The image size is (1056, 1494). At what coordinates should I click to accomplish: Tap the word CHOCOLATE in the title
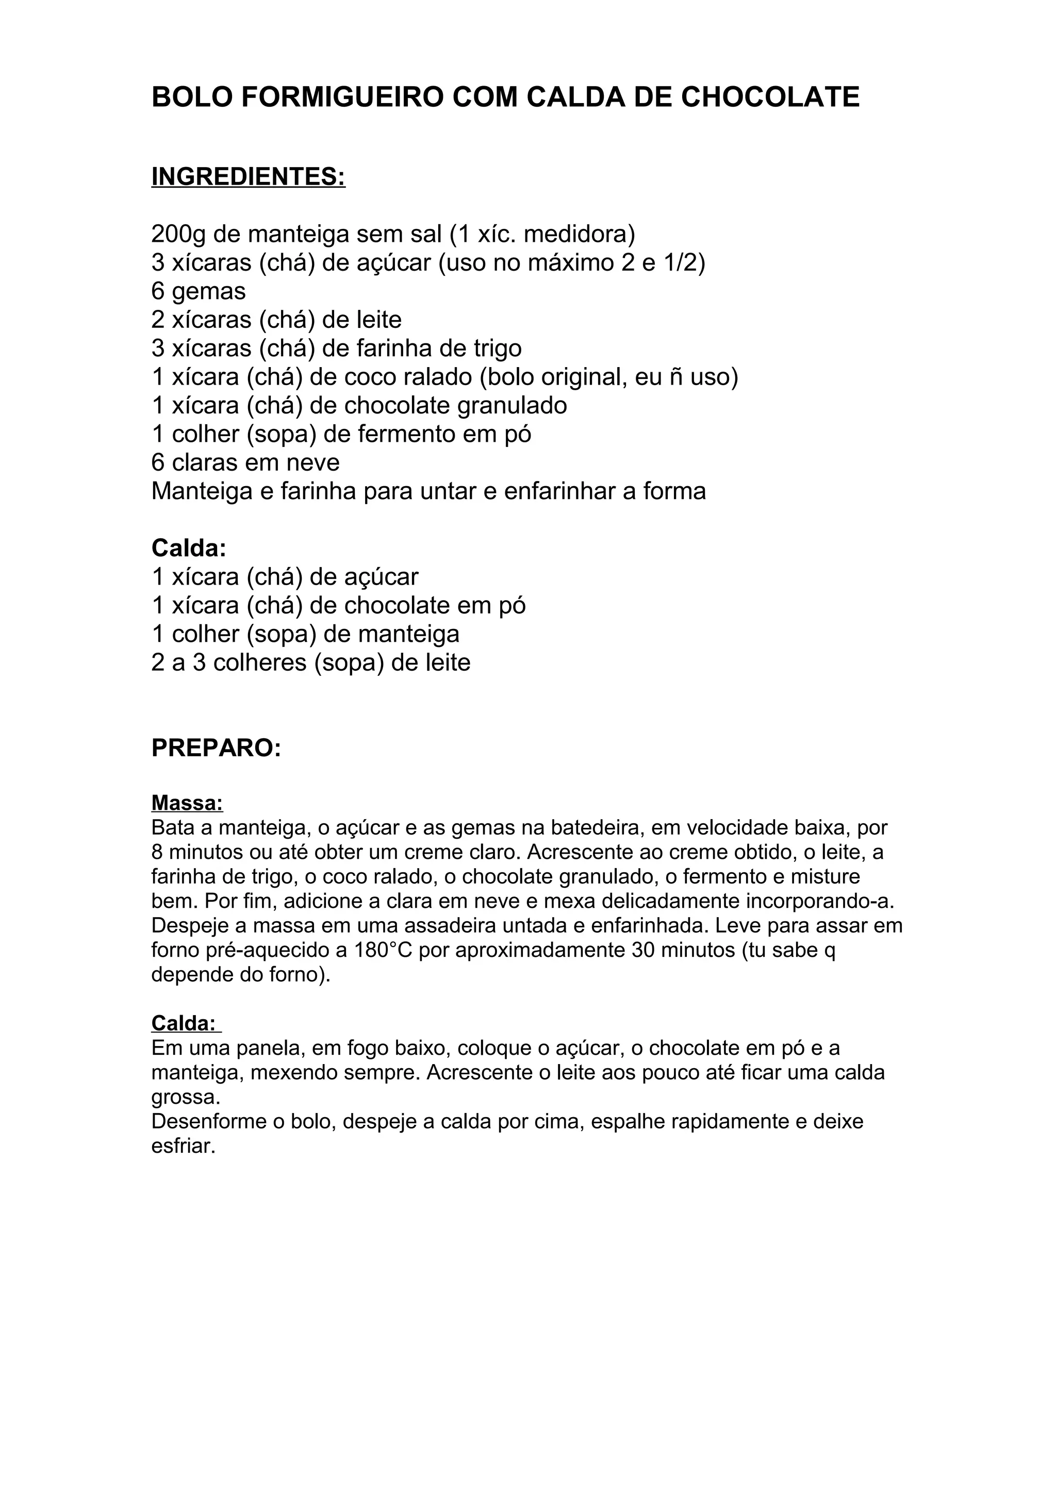770,97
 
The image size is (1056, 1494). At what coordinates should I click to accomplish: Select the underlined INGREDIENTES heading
248,177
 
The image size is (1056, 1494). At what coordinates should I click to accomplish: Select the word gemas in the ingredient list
209,291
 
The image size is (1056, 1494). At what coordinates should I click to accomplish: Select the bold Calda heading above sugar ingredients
189,549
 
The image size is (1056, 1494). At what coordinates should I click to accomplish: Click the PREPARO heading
216,749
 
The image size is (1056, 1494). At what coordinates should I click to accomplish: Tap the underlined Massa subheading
187,803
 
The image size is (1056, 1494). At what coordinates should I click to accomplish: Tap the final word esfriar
183,1146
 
